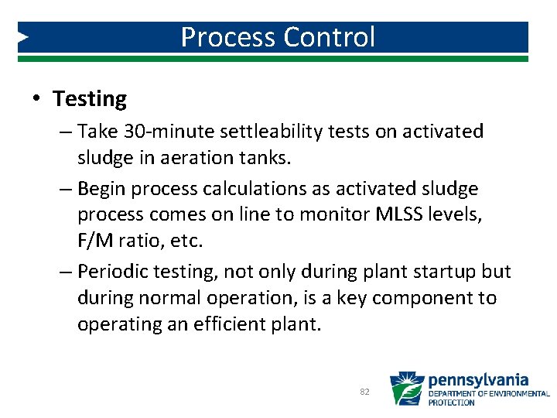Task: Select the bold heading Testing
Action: point(90,99)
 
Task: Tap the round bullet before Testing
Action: point(36,100)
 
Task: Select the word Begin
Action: point(104,189)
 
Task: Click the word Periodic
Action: point(112,272)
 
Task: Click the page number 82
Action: point(364,392)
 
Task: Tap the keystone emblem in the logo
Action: point(406,389)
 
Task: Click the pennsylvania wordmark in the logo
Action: point(478,380)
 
